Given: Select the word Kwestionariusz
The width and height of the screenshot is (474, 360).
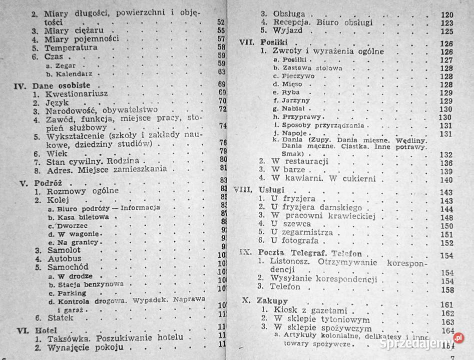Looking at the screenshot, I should (77, 93).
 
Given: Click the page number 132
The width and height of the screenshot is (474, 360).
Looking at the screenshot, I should (445, 154).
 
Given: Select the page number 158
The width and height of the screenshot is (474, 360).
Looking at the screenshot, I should (446, 290).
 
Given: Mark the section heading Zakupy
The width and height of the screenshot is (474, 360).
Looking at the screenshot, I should (273, 301).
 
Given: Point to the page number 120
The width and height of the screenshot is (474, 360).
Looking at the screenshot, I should (446, 15).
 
